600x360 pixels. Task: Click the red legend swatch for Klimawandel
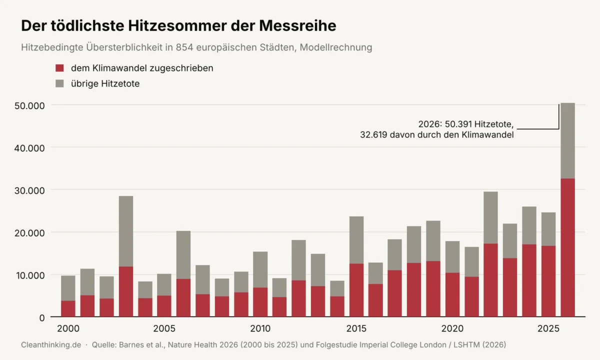[59, 68]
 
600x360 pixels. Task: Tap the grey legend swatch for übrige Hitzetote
[59, 83]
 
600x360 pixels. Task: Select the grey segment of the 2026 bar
[567, 140]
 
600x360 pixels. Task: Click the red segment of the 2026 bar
[567, 248]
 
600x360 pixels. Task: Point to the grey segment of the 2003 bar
[126, 231]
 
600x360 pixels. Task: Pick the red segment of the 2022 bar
[490, 280]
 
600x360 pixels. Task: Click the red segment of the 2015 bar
[356, 290]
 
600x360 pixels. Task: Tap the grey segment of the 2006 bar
[183, 255]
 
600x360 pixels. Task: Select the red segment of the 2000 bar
[68, 309]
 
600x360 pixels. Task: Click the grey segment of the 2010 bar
[260, 269]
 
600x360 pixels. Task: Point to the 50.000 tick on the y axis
[29, 106]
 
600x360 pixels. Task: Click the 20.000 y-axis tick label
[29, 233]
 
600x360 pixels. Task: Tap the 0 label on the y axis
[42, 318]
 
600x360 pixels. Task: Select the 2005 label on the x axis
[164, 328]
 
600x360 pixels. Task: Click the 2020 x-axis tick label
[452, 328]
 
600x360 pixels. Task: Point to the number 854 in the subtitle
[184, 47]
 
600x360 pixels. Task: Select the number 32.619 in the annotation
[373, 134]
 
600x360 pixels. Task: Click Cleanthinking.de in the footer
[51, 345]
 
